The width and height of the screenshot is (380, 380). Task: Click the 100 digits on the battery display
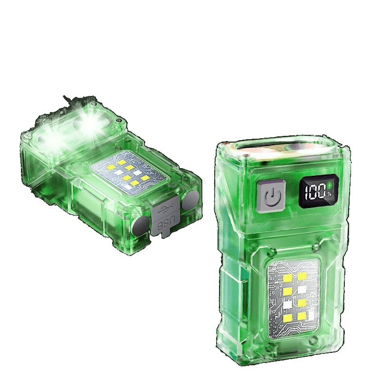coord(315,191)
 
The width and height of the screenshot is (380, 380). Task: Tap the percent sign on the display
coord(329,194)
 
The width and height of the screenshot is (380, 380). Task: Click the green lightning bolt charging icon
coord(329,186)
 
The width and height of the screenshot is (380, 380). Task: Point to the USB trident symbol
coord(165,210)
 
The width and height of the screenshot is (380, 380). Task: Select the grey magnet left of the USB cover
coord(140,225)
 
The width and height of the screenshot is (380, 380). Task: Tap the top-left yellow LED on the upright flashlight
coord(288,277)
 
